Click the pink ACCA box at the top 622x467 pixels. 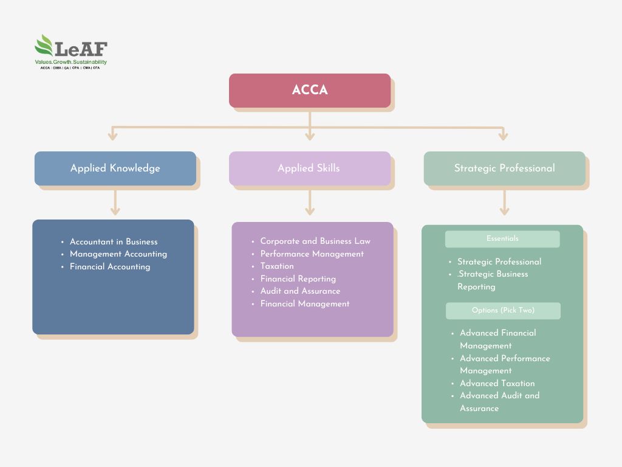(x=310, y=91)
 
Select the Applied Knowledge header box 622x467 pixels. (x=115, y=168)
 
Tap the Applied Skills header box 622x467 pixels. (x=310, y=168)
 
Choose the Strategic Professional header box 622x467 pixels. (x=504, y=168)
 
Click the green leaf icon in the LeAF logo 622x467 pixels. (x=44, y=46)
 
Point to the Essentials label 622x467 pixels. (x=502, y=239)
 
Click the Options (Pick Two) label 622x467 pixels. (x=503, y=311)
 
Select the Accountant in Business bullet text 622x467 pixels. (x=114, y=241)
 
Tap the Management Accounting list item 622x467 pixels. (x=118, y=254)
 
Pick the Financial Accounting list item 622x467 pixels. (x=110, y=266)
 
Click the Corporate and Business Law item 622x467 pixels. (x=315, y=241)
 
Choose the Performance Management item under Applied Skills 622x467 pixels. (x=312, y=254)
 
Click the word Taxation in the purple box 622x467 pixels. (x=277, y=266)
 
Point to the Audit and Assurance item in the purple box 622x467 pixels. (x=300, y=291)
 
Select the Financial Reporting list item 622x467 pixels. (x=298, y=278)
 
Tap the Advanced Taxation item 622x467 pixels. (x=497, y=383)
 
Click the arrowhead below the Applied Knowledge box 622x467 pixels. (x=115, y=211)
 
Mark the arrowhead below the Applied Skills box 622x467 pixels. (x=310, y=211)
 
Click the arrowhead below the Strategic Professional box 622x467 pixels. (x=504, y=211)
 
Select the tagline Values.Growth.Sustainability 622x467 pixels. (x=70, y=62)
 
